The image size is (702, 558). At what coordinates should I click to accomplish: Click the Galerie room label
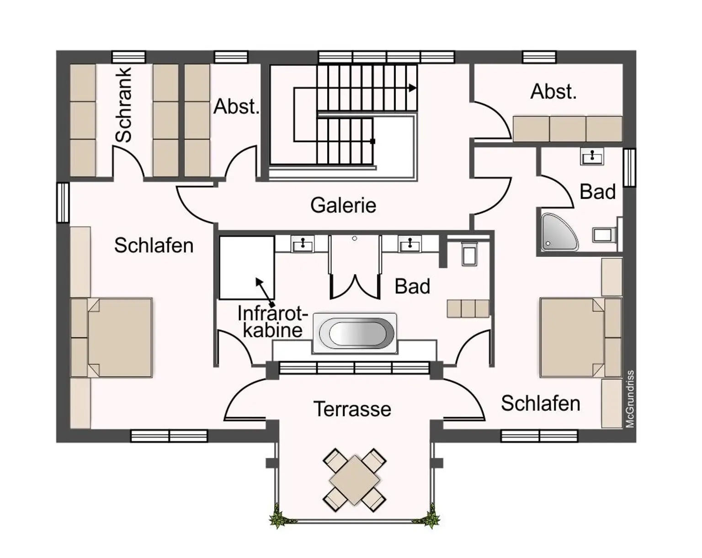tap(343, 205)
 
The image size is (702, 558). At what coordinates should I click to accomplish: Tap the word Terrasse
tap(352, 409)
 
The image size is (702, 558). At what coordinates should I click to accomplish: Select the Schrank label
tap(123, 105)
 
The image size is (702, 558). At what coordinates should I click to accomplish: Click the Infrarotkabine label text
tap(272, 322)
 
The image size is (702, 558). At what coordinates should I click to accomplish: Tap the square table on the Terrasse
tap(355, 480)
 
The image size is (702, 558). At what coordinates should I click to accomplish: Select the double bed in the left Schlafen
tap(112, 338)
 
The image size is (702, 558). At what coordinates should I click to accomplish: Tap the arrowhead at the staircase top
tap(413, 88)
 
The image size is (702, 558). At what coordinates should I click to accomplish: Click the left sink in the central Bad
tap(302, 244)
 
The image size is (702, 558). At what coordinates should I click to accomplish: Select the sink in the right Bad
tap(592, 156)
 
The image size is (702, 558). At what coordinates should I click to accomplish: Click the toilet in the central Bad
tap(469, 254)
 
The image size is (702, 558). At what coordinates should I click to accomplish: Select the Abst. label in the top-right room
tap(553, 92)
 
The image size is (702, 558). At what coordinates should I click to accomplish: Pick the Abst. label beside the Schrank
tap(236, 106)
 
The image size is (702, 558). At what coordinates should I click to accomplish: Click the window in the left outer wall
tap(63, 202)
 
